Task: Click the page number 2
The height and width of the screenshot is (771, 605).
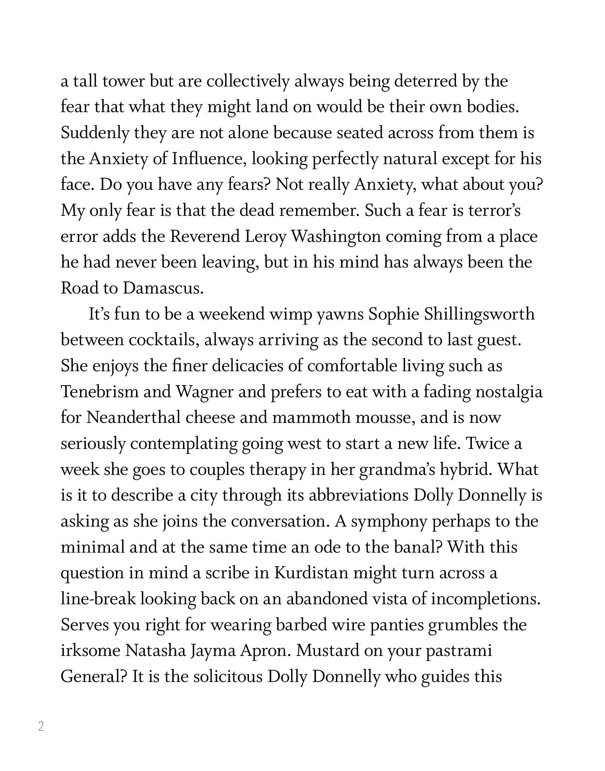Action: (x=41, y=726)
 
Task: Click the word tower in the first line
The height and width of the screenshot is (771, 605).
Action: (x=124, y=81)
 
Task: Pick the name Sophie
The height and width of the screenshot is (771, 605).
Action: (x=393, y=315)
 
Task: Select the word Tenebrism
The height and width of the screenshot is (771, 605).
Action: (x=99, y=392)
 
